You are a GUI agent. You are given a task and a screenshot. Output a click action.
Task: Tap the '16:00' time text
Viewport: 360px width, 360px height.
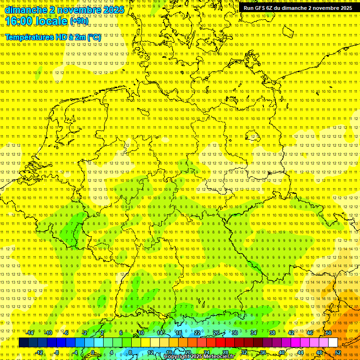coord(18,21)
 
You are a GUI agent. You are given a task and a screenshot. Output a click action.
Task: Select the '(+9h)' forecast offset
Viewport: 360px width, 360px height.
coord(78,21)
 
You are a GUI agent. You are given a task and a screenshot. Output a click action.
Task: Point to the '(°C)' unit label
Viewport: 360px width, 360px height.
coord(94,37)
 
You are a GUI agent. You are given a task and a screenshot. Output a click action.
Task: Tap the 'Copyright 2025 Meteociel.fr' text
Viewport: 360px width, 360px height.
coord(199,357)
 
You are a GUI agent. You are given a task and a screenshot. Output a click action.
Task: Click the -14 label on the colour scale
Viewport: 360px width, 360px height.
coord(30,333)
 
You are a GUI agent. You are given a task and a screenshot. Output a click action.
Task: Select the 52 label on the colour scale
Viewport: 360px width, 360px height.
coord(338,352)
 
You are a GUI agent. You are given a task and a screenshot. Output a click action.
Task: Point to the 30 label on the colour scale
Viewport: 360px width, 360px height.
coord(234,333)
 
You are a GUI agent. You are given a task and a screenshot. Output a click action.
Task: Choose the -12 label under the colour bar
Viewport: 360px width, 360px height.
coord(39,352)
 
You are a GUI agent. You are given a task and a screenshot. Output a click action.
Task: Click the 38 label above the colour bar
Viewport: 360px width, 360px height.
coord(272,333)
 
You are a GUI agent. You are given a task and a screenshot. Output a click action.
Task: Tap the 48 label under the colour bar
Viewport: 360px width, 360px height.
coord(319,352)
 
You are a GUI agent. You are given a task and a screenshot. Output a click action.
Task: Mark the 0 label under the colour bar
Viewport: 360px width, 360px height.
coord(93,352)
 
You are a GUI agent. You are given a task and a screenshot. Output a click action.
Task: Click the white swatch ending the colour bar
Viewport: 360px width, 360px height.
coord(333,342)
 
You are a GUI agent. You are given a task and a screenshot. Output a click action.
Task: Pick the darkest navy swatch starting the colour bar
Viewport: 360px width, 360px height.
coord(23,342)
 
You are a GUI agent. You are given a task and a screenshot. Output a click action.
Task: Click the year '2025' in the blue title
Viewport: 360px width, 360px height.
coord(114,10)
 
